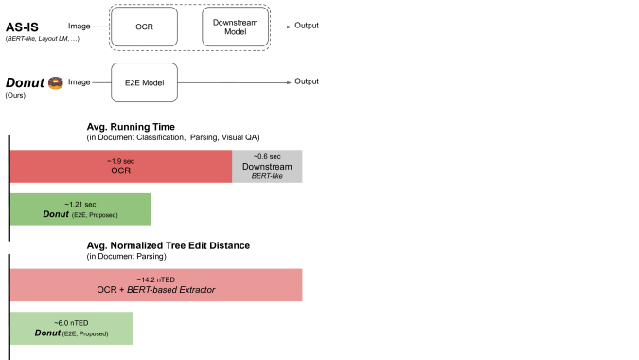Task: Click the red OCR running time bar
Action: coord(121,166)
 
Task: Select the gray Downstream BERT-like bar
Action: coord(267,167)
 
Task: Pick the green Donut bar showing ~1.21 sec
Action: coord(81,209)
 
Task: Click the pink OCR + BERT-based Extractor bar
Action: coord(156,284)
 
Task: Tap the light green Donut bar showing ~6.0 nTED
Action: coord(72,328)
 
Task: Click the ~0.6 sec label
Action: coord(267,156)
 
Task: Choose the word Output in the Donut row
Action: coord(307,82)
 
